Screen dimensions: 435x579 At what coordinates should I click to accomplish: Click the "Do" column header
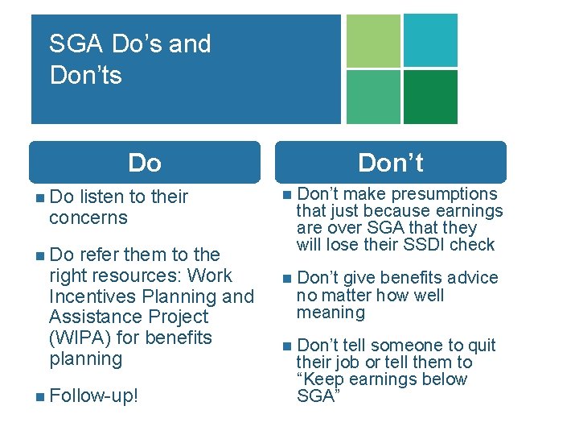(145, 163)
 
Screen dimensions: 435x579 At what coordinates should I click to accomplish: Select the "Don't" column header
(390, 163)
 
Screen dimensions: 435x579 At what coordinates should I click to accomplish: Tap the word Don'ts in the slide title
(85, 76)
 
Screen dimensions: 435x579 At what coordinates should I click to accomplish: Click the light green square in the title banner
(372, 40)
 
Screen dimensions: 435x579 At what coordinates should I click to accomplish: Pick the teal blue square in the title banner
(430, 40)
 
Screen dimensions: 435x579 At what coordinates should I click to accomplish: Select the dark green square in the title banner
(430, 97)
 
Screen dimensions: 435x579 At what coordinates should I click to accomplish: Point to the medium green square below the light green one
(372, 97)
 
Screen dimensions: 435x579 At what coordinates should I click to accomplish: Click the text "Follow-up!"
(93, 396)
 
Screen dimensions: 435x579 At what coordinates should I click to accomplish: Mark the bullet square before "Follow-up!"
(40, 396)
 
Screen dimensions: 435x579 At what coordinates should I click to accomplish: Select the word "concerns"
(88, 217)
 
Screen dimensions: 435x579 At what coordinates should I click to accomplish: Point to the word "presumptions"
(448, 194)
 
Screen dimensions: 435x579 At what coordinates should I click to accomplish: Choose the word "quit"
(482, 346)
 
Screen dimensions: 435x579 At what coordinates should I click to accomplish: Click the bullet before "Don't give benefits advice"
(288, 278)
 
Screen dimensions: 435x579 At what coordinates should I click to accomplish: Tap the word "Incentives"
(92, 296)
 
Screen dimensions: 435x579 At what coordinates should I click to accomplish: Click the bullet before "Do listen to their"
(40, 197)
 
